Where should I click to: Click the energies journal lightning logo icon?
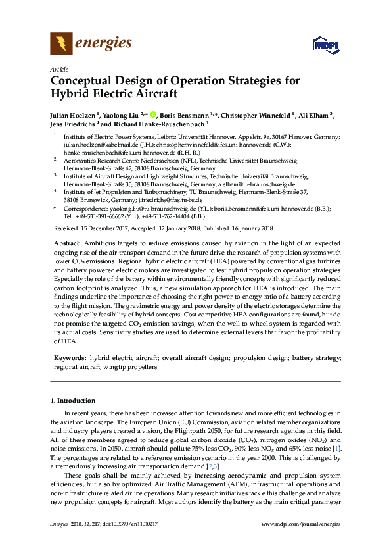61,44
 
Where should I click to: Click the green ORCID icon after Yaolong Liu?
154,114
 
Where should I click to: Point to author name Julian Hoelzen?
73,114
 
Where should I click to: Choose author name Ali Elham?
316,114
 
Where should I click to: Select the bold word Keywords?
70,358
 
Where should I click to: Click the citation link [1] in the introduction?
337,448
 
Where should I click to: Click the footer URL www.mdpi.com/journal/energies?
301,524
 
